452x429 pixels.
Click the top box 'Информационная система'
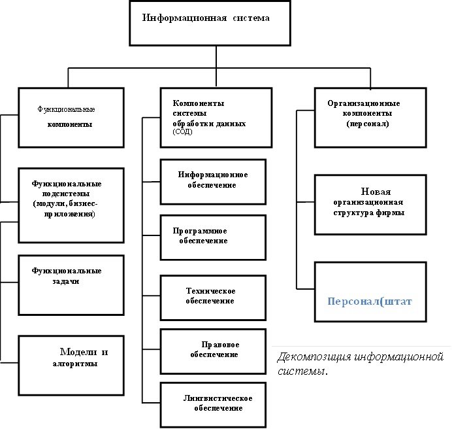coord(206,23)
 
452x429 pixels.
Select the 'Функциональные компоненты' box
coord(71,117)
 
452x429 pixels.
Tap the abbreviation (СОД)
coord(184,132)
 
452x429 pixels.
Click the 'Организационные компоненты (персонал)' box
coord(370,117)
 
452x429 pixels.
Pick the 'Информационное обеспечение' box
coord(213,181)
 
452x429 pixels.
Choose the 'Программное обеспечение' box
coord(213,237)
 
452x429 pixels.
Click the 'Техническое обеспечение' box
coord(213,298)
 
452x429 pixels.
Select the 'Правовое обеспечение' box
coord(213,351)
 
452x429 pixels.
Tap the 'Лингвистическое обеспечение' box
coord(213,403)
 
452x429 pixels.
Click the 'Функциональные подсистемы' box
coord(71,205)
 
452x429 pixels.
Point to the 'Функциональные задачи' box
coord(71,284)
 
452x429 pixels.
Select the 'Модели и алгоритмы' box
coord(71,365)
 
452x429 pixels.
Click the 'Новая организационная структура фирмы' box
coord(370,203)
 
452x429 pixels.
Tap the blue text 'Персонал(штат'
coord(370,302)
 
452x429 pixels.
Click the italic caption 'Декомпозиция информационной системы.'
coord(361,364)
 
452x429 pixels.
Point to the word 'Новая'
coord(376,192)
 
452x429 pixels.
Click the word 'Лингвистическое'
coord(218,399)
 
